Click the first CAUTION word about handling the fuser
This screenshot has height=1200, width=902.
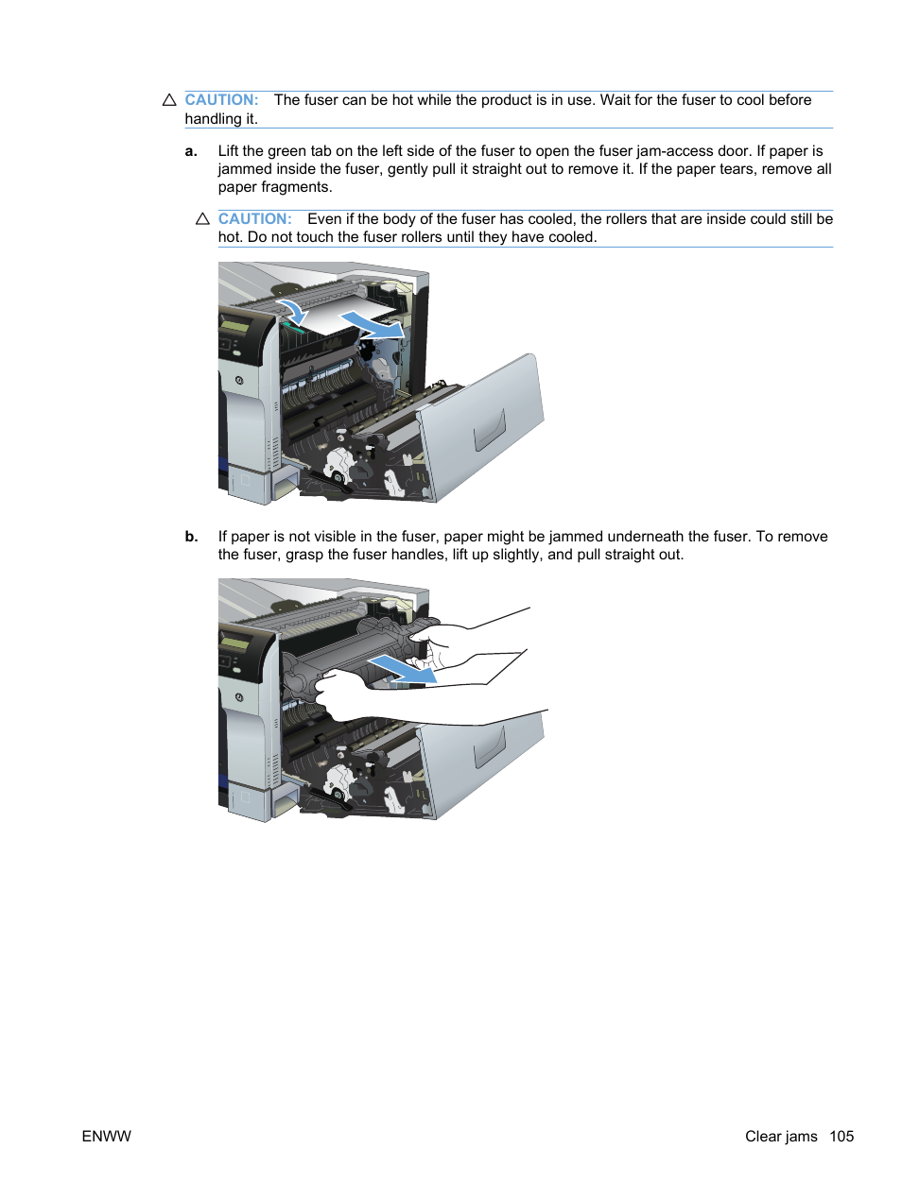pos(221,100)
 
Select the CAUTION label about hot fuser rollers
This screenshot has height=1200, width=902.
pos(254,219)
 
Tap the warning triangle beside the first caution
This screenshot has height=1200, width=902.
pos(169,100)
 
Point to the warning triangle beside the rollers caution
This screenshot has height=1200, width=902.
pos(202,219)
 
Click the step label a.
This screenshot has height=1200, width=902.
pos(191,151)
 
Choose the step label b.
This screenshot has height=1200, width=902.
pos(191,537)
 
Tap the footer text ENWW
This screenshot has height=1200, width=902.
pos(106,1136)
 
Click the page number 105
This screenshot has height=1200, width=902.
pos(841,1136)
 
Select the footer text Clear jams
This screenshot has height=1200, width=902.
pos(780,1136)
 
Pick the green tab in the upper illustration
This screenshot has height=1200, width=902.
pos(292,328)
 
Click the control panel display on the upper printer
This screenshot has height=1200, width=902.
pos(234,327)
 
